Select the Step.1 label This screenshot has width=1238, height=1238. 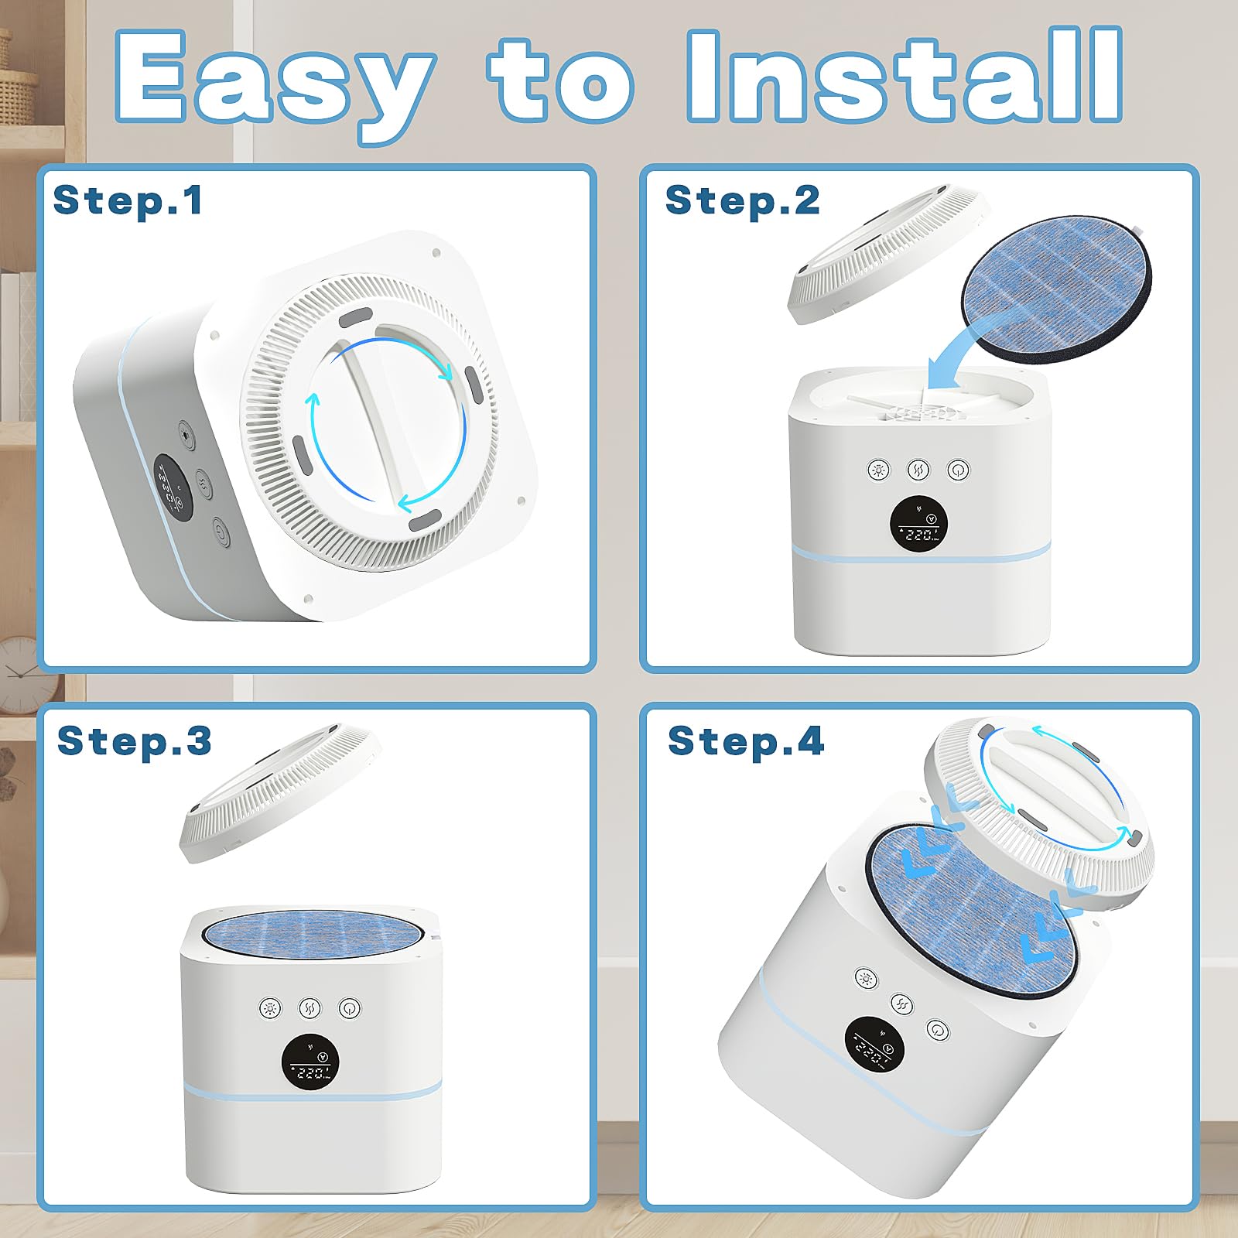128,200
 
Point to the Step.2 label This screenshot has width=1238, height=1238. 742,200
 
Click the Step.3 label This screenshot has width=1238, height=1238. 134,740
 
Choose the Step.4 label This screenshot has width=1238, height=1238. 746,740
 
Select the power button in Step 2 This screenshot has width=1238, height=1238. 958,470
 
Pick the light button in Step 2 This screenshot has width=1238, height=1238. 878,470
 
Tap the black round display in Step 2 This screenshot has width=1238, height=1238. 918,525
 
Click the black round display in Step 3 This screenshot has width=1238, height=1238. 310,1061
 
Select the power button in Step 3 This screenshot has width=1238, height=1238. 350,1008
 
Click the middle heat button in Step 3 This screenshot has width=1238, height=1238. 309,1008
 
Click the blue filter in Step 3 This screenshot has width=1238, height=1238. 313,933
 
